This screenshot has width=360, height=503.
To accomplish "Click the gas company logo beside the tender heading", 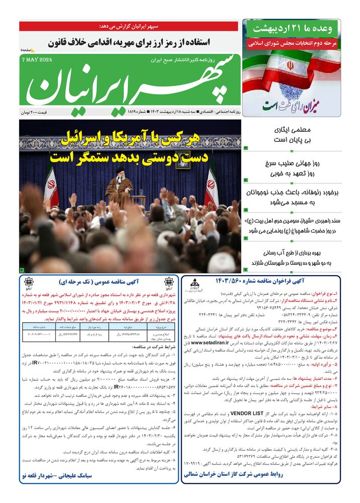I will tap(194, 285).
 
